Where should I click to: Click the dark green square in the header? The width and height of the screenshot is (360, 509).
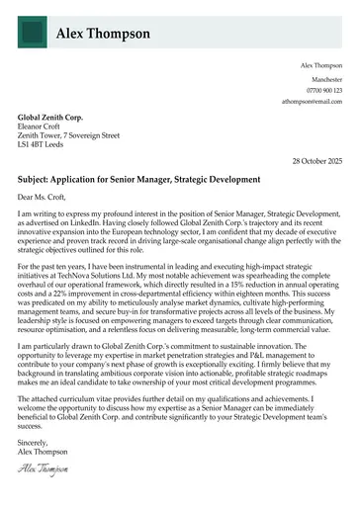(36, 33)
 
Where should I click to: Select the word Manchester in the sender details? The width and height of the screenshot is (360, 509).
(325, 77)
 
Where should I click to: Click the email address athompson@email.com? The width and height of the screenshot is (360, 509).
(312, 102)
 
